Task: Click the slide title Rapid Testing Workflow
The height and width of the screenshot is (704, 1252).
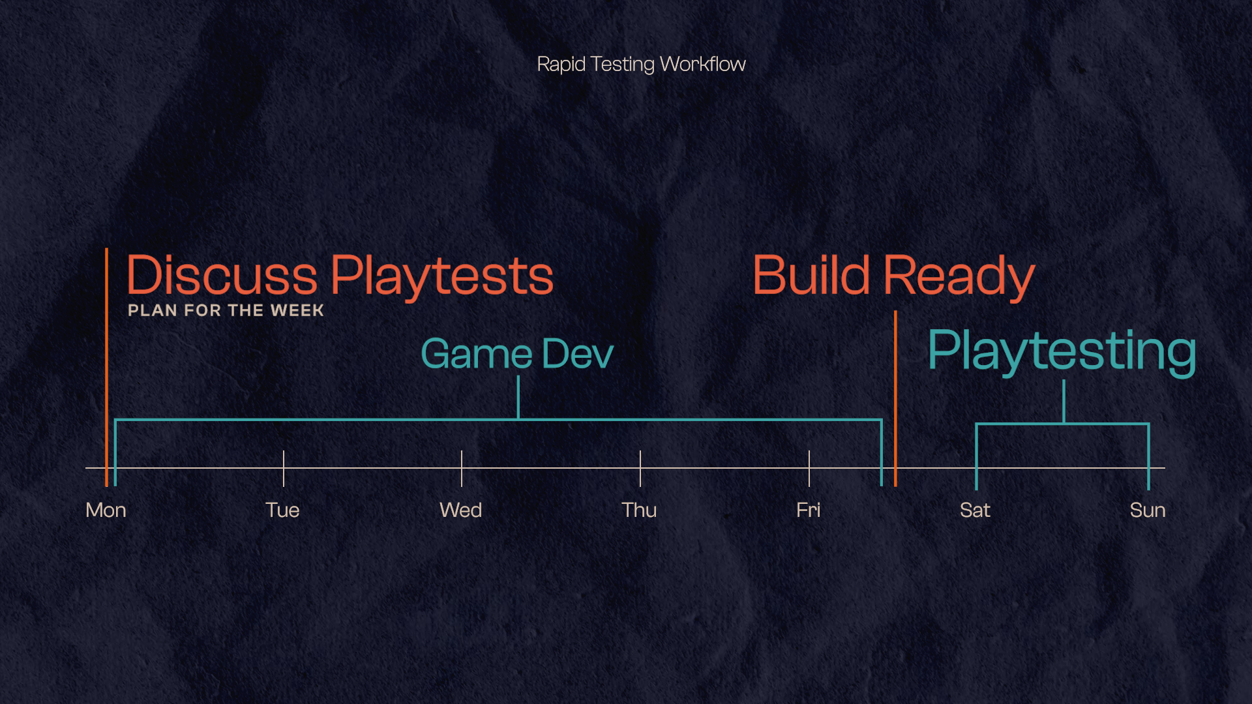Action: (x=641, y=64)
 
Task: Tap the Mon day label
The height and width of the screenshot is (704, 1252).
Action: (x=106, y=510)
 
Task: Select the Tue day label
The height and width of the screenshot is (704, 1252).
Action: (x=282, y=510)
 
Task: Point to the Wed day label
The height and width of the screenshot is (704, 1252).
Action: (x=460, y=510)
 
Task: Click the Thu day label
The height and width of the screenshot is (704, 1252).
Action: (x=639, y=510)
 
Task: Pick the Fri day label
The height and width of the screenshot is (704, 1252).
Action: (x=808, y=510)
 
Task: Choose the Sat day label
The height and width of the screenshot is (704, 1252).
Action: (x=975, y=510)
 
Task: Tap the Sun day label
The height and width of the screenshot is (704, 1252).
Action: (x=1148, y=510)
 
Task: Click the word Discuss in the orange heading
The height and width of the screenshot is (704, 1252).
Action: (x=222, y=275)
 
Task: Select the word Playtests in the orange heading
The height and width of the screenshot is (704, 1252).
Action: (x=442, y=276)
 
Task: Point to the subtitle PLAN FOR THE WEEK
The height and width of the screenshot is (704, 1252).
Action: (x=226, y=310)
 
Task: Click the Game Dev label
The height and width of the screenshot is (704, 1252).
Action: (x=517, y=354)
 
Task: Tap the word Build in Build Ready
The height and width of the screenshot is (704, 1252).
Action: (x=811, y=275)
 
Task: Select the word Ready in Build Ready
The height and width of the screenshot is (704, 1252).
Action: (x=959, y=276)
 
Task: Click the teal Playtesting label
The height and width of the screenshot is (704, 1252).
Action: (x=1062, y=351)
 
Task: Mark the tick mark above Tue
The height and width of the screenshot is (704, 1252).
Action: (x=284, y=467)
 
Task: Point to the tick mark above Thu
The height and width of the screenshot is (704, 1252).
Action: (x=640, y=467)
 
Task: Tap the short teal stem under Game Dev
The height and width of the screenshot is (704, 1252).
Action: (x=518, y=397)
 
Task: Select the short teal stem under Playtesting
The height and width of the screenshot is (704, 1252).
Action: (x=1064, y=402)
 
